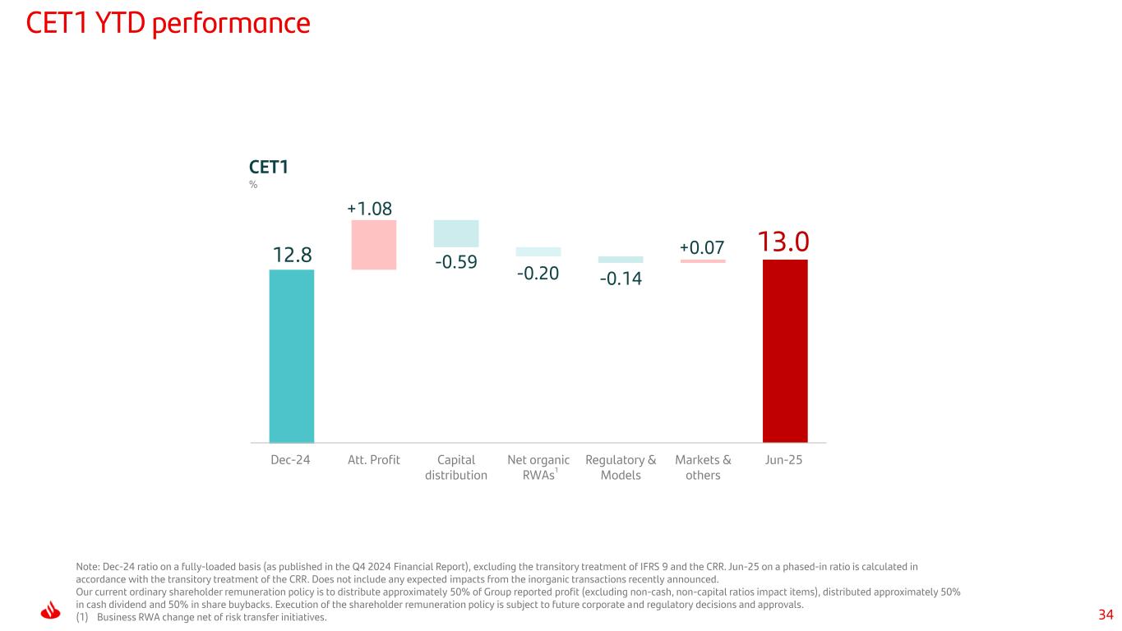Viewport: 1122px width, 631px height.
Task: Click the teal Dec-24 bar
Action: pyautogui.click(x=292, y=356)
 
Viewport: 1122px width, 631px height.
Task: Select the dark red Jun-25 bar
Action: pyautogui.click(x=785, y=351)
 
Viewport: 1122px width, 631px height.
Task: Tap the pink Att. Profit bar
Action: pyautogui.click(x=374, y=245)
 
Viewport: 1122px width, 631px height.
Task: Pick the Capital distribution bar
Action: pyautogui.click(x=456, y=233)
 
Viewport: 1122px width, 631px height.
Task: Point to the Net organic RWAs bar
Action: pyautogui.click(x=538, y=252)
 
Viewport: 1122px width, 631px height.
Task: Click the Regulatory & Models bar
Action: pyautogui.click(x=621, y=260)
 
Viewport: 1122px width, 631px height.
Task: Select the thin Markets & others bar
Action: pyautogui.click(x=703, y=261)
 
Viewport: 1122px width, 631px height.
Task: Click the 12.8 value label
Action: pyautogui.click(x=292, y=256)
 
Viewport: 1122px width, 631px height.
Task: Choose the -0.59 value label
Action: pyautogui.click(x=456, y=264)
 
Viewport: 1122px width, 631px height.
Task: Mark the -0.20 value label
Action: pyautogui.click(x=538, y=273)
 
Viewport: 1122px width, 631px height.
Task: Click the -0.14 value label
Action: pyautogui.click(x=621, y=279)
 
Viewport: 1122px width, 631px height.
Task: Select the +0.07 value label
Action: pyautogui.click(x=702, y=248)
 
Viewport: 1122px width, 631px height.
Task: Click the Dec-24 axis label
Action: pyautogui.click(x=291, y=460)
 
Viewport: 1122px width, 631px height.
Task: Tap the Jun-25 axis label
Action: pyautogui.click(x=784, y=460)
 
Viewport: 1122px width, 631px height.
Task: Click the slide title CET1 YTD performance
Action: pyautogui.click(x=168, y=24)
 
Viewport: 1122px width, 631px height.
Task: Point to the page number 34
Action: pyautogui.click(x=1106, y=615)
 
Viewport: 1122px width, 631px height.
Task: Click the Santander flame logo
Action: pyautogui.click(x=52, y=612)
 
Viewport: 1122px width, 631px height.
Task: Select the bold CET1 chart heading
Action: pyautogui.click(x=268, y=168)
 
